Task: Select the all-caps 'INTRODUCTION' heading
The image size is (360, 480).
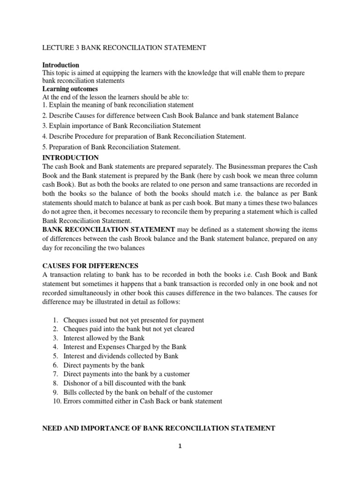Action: (x=71, y=157)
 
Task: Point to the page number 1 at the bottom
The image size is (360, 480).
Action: (x=180, y=446)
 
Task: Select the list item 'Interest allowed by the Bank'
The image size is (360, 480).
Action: (x=104, y=338)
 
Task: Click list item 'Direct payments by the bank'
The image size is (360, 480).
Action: (x=104, y=365)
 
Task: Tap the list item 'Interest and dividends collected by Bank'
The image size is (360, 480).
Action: (x=120, y=356)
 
